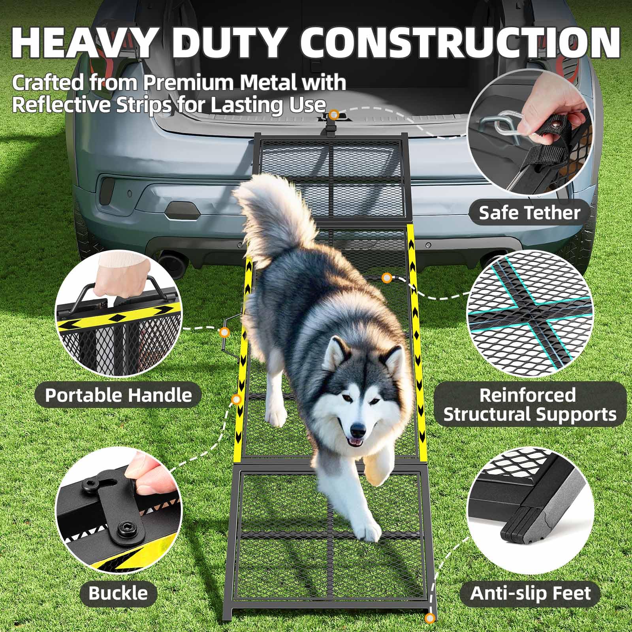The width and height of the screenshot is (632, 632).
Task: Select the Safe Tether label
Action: tap(529, 213)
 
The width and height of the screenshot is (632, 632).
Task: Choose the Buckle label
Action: tap(118, 593)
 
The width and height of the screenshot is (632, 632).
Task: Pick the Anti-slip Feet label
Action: tap(530, 593)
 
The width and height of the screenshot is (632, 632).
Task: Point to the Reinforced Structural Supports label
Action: tap(529, 405)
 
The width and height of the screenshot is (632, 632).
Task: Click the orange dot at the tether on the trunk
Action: tap(335, 115)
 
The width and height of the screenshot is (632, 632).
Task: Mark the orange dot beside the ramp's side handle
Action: tap(225, 332)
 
